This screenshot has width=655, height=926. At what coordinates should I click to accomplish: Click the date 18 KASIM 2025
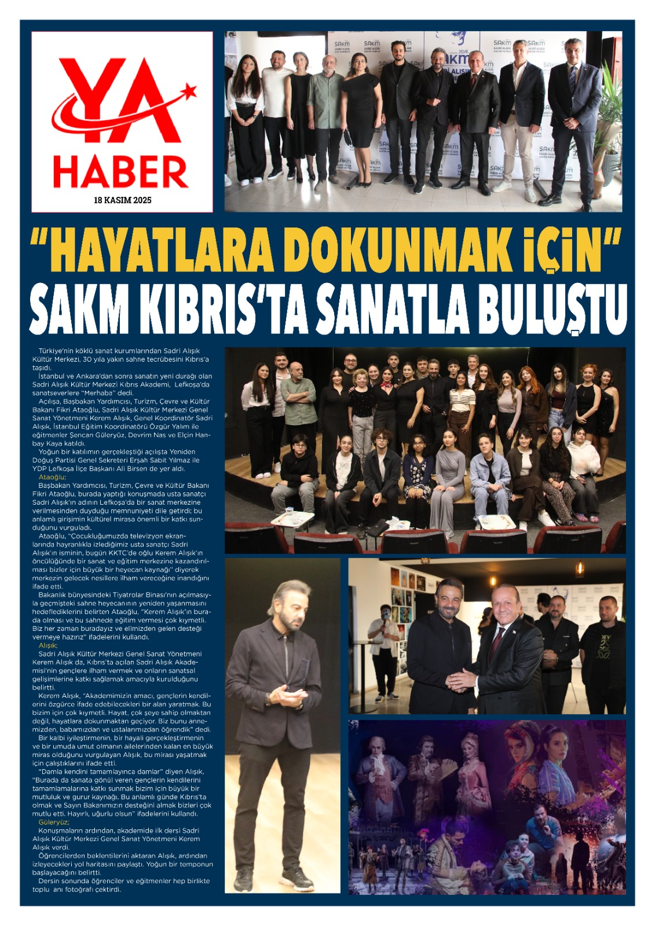tap(122, 200)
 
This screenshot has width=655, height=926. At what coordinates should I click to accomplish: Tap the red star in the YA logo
tap(188, 91)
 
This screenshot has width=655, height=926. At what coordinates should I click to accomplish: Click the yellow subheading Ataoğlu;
tap(52, 477)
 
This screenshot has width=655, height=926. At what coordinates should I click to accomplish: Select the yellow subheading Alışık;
tap(47, 645)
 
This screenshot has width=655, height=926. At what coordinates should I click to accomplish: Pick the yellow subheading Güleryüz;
tap(53, 822)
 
